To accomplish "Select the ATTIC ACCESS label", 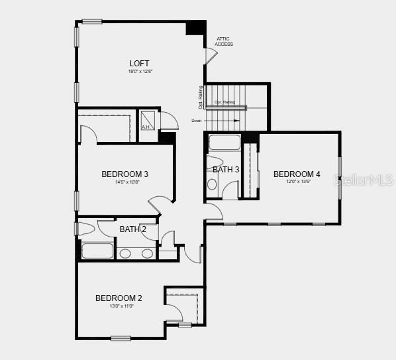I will pyautogui.click(x=224, y=42).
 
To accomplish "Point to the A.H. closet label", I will pyautogui.click(x=146, y=127).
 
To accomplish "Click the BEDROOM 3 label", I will pyautogui.click(x=124, y=174).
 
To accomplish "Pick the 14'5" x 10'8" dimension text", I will pyautogui.click(x=124, y=182).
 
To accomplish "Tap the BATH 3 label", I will pyautogui.click(x=226, y=170).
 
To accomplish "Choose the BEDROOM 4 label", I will pyautogui.click(x=297, y=174).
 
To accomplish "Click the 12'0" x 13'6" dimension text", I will pyautogui.click(x=299, y=182).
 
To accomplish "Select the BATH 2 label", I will pyautogui.click(x=133, y=229).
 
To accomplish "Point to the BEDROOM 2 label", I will pyautogui.click(x=119, y=298).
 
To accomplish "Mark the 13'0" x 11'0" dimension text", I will pyautogui.click(x=118, y=306).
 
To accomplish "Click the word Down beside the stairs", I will pyautogui.click(x=197, y=121).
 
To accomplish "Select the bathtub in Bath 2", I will pyautogui.click(x=97, y=251).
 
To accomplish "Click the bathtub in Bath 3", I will pyautogui.click(x=224, y=142).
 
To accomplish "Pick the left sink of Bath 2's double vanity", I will pyautogui.click(x=126, y=253).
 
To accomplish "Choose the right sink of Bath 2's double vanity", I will pyautogui.click(x=147, y=253).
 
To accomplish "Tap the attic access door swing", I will pyautogui.click(x=209, y=56).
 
